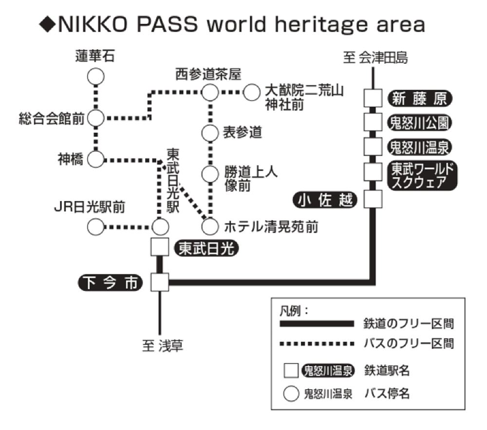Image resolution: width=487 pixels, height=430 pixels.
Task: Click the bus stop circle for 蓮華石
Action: click(96, 76)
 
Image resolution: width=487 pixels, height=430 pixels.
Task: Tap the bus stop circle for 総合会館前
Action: click(96, 117)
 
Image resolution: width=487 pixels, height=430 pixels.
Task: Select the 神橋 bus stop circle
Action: click(96, 159)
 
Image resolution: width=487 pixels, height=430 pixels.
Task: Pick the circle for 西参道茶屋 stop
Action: click(210, 92)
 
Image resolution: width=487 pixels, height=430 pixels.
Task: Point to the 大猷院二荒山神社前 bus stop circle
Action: click(251, 92)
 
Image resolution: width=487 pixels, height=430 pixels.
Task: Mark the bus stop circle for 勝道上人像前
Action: click(210, 173)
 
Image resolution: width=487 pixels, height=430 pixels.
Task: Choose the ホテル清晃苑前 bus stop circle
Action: click(210, 226)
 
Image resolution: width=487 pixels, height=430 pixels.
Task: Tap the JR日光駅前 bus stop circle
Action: click(96, 226)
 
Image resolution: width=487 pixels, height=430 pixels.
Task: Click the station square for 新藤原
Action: click(374, 98)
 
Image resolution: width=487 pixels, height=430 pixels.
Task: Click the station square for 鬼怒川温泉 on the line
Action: click(374, 146)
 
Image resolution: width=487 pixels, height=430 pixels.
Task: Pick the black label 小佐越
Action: click(326, 199)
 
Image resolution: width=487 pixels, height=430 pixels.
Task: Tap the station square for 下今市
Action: click(159, 281)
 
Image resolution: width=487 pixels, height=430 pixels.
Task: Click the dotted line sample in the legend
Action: click(317, 344)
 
